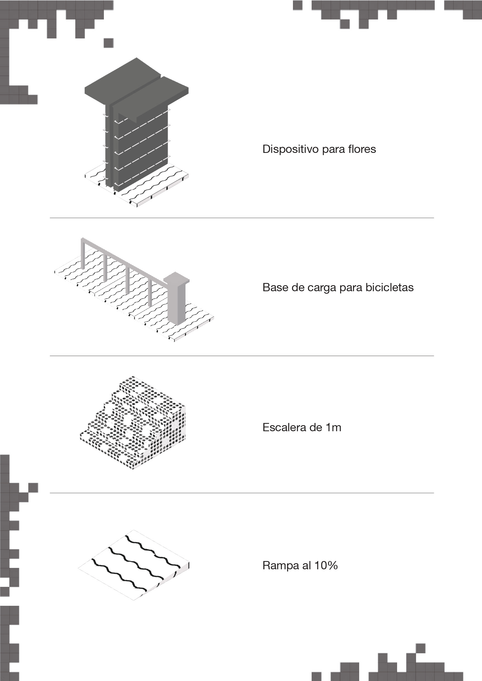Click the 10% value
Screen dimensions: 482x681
[326, 565]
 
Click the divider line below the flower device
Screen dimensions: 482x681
[242, 218]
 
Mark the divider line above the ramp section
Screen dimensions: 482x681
[242, 493]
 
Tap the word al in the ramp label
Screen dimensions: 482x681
[306, 565]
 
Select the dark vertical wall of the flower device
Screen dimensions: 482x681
[140, 148]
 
